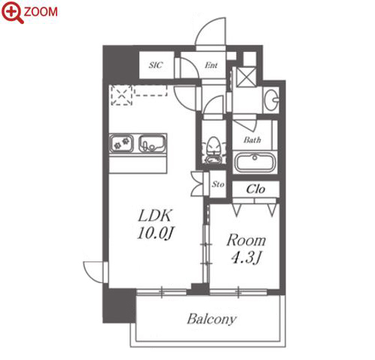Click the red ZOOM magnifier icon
tap(12, 12)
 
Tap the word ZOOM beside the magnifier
tap(41, 12)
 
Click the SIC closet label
tap(156, 66)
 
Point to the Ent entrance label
tap(211, 66)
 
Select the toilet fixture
tap(214, 150)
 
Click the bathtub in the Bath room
tap(255, 162)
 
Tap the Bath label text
tap(252, 139)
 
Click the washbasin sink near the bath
tap(271, 99)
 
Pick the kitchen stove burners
tap(121, 143)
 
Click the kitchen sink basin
tap(152, 143)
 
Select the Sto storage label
tap(218, 185)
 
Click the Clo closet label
tap(255, 189)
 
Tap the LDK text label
tap(155, 215)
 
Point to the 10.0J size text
tap(156, 233)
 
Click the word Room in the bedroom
tap(245, 240)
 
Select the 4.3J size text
tap(246, 258)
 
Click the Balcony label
tap(212, 319)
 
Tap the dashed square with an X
tap(121, 96)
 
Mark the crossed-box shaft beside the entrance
tap(246, 77)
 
